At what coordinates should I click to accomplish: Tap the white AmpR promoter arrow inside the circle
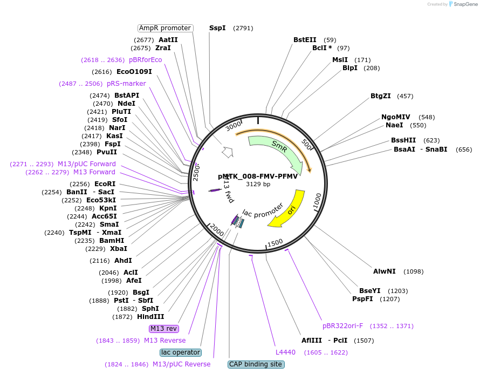(x=228, y=152)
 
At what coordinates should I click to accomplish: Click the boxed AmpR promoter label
(x=166, y=28)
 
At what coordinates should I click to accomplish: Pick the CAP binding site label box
(x=256, y=364)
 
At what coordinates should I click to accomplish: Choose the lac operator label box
(x=181, y=352)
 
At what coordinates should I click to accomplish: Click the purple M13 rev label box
(x=164, y=329)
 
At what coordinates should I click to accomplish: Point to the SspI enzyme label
(x=217, y=28)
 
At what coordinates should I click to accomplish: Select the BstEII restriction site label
(x=305, y=40)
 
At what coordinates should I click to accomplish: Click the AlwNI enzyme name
(x=384, y=271)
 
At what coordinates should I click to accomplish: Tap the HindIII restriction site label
(x=150, y=317)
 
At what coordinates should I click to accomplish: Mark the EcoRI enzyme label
(x=105, y=184)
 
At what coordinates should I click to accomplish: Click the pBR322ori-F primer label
(x=343, y=326)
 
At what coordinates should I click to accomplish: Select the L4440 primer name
(x=285, y=352)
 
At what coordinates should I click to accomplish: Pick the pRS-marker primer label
(x=126, y=84)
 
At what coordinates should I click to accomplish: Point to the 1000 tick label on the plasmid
(x=318, y=201)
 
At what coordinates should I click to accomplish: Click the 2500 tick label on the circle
(x=196, y=173)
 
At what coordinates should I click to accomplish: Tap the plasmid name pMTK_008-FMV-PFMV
(x=258, y=176)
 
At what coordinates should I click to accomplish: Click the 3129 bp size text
(x=258, y=184)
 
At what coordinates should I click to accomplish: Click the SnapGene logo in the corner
(x=463, y=4)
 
